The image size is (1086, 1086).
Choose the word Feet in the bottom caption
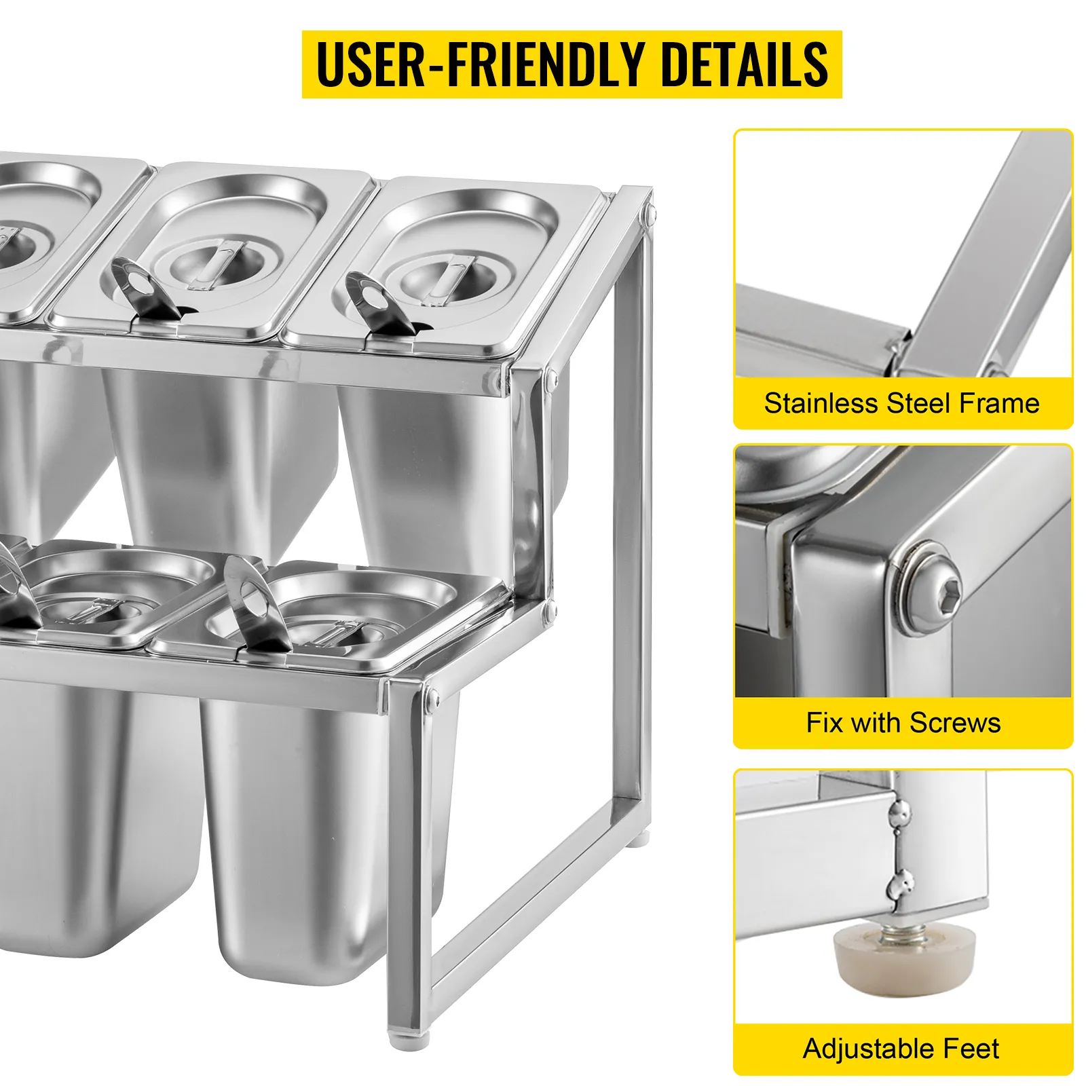pyautogui.click(x=970, y=1049)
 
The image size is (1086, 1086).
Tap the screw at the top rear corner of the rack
pyautogui.click(x=650, y=217)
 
